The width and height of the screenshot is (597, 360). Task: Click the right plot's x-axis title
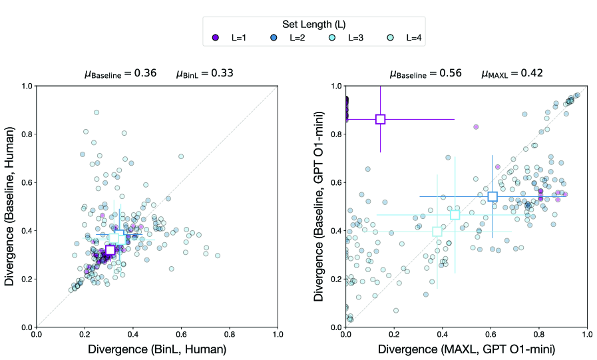[x=465, y=349]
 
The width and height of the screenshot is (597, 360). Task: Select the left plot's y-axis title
[x=11, y=206]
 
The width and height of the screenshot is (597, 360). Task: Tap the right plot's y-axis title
[x=319, y=206]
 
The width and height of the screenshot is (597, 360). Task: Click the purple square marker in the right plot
[x=380, y=119]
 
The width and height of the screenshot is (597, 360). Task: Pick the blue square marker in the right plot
[x=493, y=196]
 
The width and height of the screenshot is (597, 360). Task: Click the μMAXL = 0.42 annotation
[x=512, y=73]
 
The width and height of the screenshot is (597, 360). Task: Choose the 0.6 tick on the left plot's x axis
[x=181, y=335]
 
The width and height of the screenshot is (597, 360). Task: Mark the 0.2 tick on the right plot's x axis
[x=393, y=335]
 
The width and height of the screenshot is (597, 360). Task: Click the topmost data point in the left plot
[x=97, y=112]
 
